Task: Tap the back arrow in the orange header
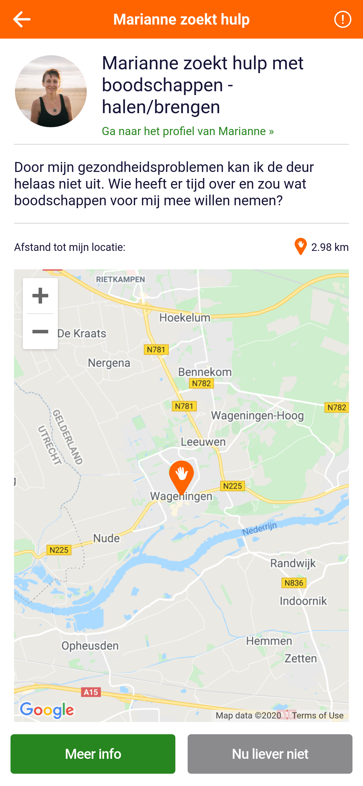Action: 22,19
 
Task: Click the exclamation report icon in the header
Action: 343,19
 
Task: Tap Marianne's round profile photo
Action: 51,91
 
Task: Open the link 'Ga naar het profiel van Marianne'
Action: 188,131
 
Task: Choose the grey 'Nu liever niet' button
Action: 270,754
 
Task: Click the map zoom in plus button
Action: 40,296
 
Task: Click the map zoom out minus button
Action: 40,332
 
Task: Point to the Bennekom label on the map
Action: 205,372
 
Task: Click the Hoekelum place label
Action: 185,318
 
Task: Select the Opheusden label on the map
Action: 90,646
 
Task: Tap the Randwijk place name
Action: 293,563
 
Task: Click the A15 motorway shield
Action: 91,692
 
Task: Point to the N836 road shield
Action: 294,583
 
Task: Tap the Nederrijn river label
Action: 260,528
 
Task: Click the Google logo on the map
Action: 47,710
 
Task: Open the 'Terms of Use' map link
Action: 317,716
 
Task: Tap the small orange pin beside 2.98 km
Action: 300,247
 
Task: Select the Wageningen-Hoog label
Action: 257,416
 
